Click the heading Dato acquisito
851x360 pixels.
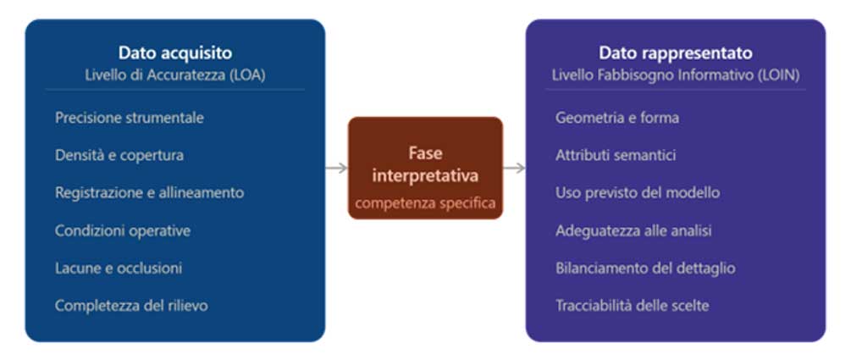click(x=175, y=53)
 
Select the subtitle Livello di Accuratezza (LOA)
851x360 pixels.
click(x=175, y=75)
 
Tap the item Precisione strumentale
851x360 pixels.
click(x=130, y=118)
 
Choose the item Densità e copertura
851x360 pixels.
click(x=119, y=155)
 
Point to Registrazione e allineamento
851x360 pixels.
click(x=149, y=192)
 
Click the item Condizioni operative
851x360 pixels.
click(x=123, y=230)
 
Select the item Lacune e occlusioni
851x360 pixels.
click(x=119, y=268)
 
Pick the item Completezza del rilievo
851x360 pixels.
click(x=131, y=305)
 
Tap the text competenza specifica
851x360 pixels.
click(x=425, y=203)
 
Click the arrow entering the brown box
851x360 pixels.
click(x=336, y=168)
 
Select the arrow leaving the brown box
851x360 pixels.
click(x=514, y=168)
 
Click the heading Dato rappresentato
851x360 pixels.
click(x=676, y=53)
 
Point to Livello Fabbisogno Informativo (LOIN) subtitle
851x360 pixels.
click(x=676, y=75)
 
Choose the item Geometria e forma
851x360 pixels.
click(x=617, y=118)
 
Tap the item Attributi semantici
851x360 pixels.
click(x=616, y=155)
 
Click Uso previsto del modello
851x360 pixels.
click(x=638, y=192)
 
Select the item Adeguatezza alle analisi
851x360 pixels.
click(x=633, y=230)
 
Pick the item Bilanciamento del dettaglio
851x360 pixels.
click(x=645, y=268)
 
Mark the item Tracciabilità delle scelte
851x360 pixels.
click(x=633, y=305)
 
